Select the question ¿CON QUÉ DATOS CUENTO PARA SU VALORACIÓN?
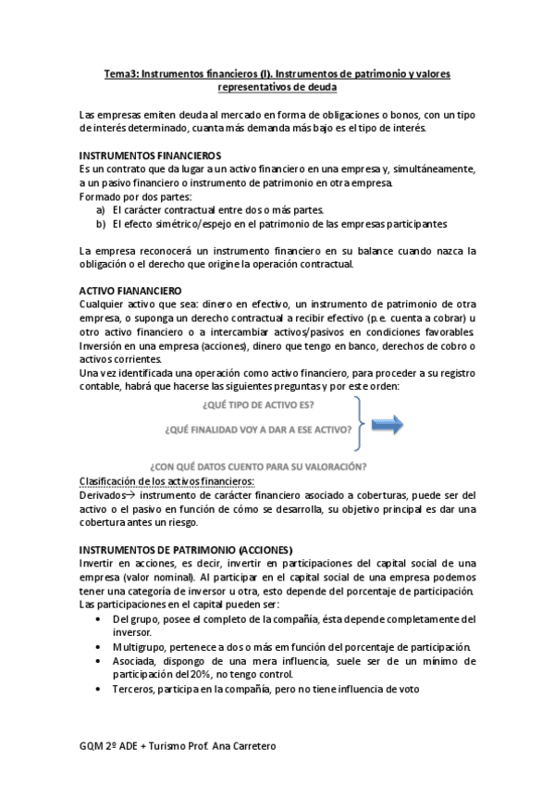coord(258,466)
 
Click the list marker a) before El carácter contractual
coord(100,210)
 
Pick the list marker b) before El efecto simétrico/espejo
coord(100,223)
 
